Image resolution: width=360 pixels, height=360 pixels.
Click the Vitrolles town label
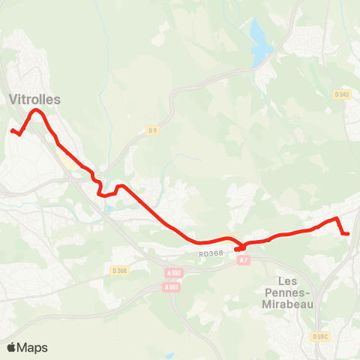pyautogui.click(x=35, y=99)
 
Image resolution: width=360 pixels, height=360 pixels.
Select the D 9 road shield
pyautogui.click(x=152, y=130)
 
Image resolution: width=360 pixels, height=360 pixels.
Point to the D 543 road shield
pyautogui.click(x=342, y=94)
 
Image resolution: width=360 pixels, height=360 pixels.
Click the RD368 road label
pyautogui.click(x=211, y=255)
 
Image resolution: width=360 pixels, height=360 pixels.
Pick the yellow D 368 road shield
pyautogui.click(x=119, y=270)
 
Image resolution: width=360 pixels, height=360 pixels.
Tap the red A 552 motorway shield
pyautogui.click(x=174, y=274)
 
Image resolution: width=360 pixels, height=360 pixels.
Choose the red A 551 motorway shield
pyautogui.click(x=172, y=286)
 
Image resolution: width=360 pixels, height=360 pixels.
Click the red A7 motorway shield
pyautogui.click(x=243, y=260)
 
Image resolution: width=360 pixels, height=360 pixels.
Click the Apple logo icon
pyautogui.click(x=12, y=347)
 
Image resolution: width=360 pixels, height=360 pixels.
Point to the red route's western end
pyautogui.click(x=12, y=131)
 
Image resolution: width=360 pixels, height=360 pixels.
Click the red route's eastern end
pyautogui.click(x=349, y=234)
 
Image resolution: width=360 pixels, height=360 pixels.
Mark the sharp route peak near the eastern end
pyautogui.click(x=337, y=218)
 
